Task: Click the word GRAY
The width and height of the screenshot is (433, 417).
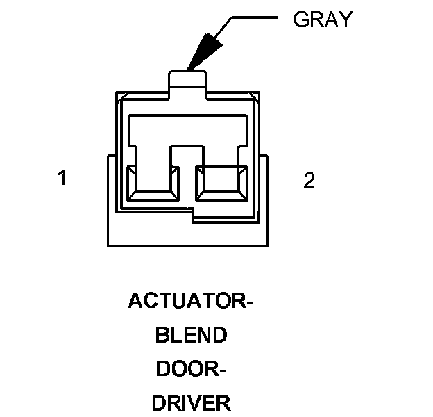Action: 323,19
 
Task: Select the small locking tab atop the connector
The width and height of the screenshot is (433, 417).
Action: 189,79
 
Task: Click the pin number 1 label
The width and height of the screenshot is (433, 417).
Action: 62,179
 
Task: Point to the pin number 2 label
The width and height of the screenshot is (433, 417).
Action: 309,181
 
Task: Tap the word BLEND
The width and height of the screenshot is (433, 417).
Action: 191,336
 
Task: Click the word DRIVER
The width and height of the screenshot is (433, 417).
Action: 191,403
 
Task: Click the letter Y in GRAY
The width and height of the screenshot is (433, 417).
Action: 346,19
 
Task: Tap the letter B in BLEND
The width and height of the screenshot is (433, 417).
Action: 162,336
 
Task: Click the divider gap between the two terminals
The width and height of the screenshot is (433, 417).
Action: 187,174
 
